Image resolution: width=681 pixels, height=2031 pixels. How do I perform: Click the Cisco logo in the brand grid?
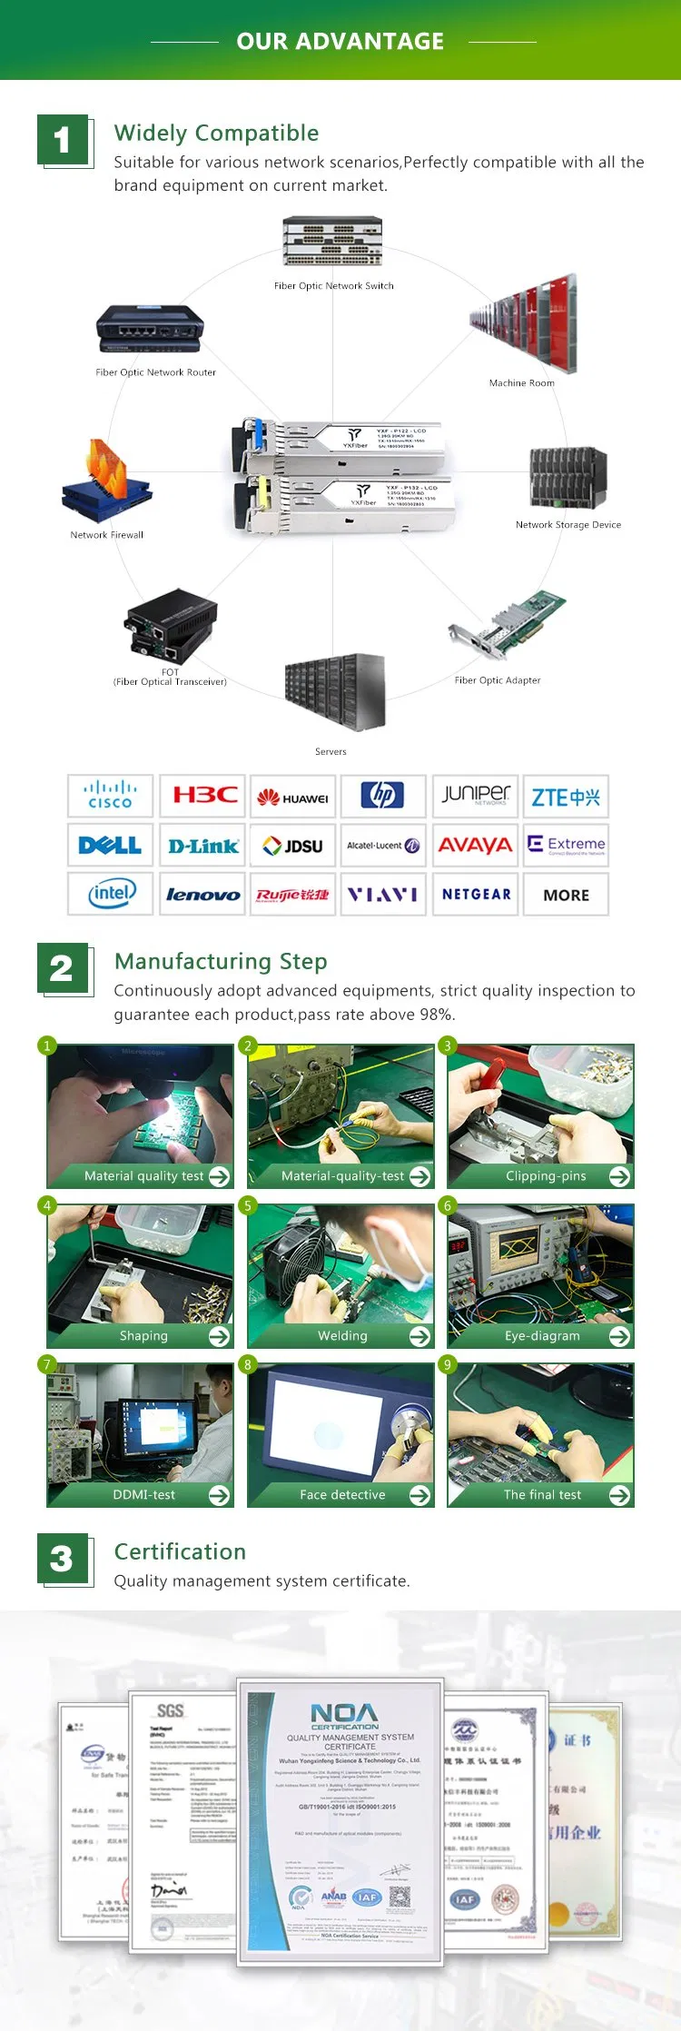110,796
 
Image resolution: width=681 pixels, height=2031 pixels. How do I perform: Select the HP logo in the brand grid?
383,796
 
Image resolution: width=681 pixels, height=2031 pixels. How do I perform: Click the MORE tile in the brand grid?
566,895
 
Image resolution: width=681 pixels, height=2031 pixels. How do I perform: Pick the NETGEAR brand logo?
476,895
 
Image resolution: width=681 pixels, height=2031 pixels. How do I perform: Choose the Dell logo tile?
110,846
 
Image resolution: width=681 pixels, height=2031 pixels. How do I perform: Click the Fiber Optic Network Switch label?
333,285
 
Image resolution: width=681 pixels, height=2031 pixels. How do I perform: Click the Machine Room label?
521,382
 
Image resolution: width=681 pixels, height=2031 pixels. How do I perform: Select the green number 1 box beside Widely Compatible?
62,140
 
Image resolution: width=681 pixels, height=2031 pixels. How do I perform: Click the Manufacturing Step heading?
221,961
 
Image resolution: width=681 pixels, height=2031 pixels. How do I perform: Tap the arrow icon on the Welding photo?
419,1335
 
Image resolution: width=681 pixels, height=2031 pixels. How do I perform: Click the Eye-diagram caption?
542,1335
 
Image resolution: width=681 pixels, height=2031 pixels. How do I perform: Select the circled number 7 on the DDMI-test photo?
47,1364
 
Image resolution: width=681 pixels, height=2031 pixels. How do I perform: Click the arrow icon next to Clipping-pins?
619,1176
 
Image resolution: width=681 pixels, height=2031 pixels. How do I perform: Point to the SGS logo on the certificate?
170,1711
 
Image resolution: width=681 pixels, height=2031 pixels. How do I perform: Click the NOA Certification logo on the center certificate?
344,1717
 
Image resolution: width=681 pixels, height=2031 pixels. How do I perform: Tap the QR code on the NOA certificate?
400,1897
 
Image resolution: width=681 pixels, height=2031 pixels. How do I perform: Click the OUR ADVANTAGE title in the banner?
340,41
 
